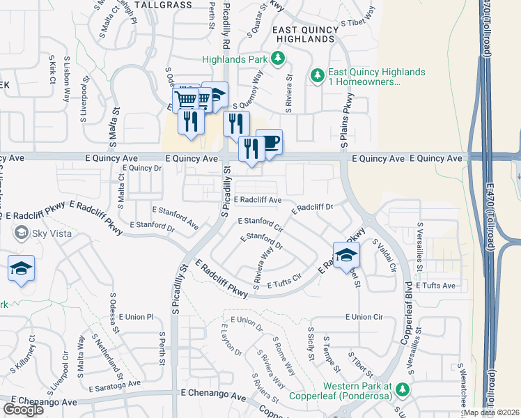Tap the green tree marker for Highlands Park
tap(278, 59)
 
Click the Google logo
tap(23, 409)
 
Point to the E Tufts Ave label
tap(435, 286)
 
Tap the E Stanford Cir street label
tap(260, 224)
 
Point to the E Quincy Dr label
tap(141, 168)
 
